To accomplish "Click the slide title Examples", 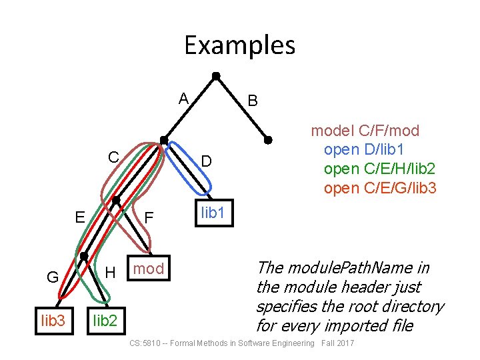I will click(x=239, y=45).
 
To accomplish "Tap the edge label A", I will click(x=183, y=99).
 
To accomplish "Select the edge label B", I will click(x=253, y=101).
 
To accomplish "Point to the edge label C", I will click(x=114, y=158).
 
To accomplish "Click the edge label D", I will click(x=207, y=161).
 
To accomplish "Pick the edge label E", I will click(x=79, y=217).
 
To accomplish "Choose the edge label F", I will click(x=149, y=218).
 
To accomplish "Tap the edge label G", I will click(x=52, y=277).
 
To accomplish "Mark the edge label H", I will click(x=111, y=272).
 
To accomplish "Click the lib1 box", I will click(x=213, y=214).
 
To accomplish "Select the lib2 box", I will click(x=105, y=321).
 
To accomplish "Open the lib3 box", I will click(x=53, y=321).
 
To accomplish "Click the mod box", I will click(x=149, y=269).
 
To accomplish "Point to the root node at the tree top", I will click(x=215, y=75).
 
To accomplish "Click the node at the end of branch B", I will click(x=268, y=140).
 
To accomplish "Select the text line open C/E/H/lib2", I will click(x=380, y=169).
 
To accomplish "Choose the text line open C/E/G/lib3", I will click(x=380, y=188).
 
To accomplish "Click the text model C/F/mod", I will click(x=365, y=131).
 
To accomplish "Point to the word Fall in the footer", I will click(x=328, y=343).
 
